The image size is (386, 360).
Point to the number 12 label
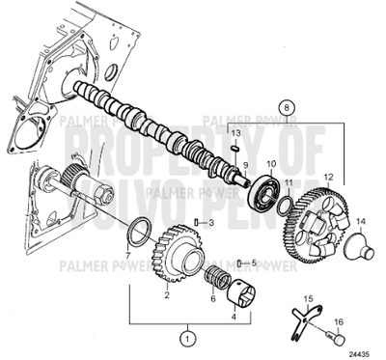[329, 177]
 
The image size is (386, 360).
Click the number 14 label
[361, 222]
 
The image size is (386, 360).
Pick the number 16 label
[340, 323]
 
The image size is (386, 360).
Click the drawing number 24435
[359, 352]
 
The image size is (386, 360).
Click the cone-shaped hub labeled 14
[360, 248]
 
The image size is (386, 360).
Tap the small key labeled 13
[234, 148]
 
